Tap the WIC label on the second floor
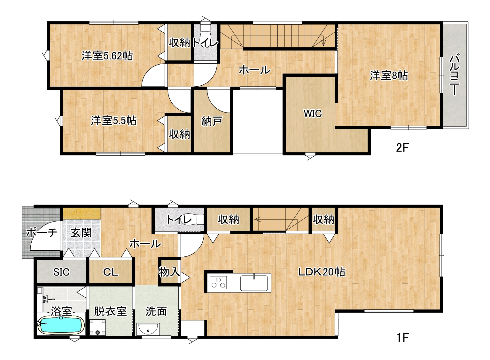click(x=313, y=113)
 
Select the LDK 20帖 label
click(x=322, y=272)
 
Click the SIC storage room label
click(x=61, y=272)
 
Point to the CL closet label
click(x=111, y=272)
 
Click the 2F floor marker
click(x=402, y=148)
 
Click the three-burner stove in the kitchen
click(x=218, y=282)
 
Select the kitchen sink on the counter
click(x=254, y=283)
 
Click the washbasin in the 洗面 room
click(x=148, y=329)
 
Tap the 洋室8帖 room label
click(x=389, y=75)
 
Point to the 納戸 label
click(x=212, y=121)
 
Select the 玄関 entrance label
click(x=81, y=232)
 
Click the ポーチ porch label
click(x=42, y=232)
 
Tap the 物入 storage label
click(x=169, y=272)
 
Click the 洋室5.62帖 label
click(x=107, y=56)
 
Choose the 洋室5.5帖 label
click(x=114, y=121)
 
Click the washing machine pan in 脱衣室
click(x=97, y=327)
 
